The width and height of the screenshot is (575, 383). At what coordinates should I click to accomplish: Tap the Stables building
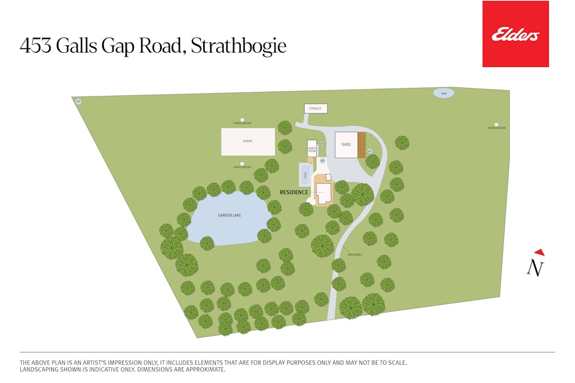(316, 108)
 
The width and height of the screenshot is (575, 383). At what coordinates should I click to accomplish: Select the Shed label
(346, 145)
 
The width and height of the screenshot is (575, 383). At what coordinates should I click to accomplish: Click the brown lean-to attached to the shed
(362, 145)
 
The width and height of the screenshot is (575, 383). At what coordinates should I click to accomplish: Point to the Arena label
(247, 141)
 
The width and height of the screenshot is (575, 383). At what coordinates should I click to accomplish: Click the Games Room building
(312, 148)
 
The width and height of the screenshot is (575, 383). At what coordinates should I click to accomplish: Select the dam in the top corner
(443, 93)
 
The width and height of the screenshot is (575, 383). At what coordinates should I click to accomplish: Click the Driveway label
(355, 255)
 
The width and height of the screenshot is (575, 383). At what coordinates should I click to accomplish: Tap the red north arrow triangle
(539, 252)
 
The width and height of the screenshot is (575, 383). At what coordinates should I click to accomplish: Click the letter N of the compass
(535, 267)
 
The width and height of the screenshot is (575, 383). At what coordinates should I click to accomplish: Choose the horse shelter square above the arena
(242, 119)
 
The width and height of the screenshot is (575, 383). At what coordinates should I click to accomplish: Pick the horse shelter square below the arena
(242, 164)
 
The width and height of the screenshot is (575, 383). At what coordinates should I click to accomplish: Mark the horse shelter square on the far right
(496, 124)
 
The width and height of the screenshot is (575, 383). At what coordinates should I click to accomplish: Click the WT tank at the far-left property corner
(79, 102)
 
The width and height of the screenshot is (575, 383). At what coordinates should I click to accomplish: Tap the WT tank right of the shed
(370, 151)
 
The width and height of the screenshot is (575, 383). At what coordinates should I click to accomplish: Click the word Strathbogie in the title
(238, 45)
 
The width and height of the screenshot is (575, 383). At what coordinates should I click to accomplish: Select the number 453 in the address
(36, 45)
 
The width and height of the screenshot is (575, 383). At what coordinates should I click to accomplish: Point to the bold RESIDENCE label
(294, 192)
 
